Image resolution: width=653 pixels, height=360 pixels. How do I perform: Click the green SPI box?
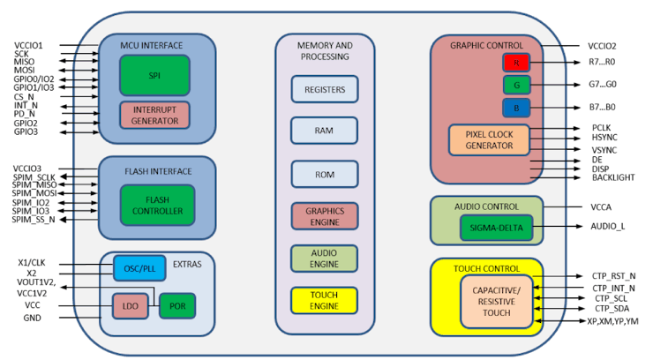154,75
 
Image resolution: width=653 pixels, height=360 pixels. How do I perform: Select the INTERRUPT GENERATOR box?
154,115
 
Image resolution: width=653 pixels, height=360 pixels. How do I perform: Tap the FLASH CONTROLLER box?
158,205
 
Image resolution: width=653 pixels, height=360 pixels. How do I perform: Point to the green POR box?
176,306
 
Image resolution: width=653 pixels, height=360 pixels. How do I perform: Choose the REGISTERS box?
324,89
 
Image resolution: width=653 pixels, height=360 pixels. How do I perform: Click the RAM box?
324,131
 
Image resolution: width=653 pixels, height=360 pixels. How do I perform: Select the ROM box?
324,174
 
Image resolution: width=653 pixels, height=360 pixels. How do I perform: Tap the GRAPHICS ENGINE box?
324,216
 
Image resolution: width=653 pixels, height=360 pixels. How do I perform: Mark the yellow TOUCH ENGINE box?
324,301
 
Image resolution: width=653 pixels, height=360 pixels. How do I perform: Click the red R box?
516,63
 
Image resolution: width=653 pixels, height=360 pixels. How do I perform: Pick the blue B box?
516,108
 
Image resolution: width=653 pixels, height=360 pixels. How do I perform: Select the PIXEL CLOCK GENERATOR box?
488,139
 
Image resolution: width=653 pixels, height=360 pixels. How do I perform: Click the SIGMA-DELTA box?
496,227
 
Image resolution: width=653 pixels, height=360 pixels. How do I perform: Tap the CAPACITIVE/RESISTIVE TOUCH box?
497,301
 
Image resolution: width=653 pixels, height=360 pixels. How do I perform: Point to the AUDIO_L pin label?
608,227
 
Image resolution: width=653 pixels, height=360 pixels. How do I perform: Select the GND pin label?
32,317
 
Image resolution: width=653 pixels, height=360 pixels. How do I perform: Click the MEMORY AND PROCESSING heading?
324,50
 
